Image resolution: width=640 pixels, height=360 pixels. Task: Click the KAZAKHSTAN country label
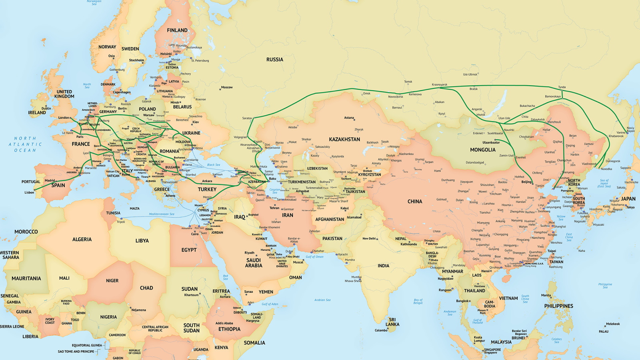click(x=344, y=140)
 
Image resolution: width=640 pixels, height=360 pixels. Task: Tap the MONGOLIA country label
click(x=482, y=150)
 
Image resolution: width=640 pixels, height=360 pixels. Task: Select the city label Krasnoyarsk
click(x=439, y=85)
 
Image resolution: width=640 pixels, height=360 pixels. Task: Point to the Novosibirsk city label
click(x=395, y=97)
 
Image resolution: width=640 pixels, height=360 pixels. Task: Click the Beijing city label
click(x=526, y=182)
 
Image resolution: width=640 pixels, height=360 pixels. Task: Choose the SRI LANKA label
click(x=392, y=322)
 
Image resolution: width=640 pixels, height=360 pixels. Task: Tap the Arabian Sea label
click(x=322, y=300)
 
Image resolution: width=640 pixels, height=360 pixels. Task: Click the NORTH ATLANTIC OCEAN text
click(x=25, y=144)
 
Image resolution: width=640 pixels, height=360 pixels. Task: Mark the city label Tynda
click(x=562, y=87)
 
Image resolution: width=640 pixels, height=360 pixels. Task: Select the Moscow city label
click(x=226, y=87)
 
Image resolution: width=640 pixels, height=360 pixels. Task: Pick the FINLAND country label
click(x=177, y=30)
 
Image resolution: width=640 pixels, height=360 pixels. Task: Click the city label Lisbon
click(x=29, y=192)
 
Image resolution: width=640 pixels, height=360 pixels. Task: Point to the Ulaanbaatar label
click(x=491, y=142)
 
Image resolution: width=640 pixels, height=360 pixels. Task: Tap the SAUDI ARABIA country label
click(x=254, y=263)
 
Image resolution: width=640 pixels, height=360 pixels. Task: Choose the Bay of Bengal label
click(x=418, y=301)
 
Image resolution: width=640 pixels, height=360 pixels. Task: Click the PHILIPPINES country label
click(x=558, y=306)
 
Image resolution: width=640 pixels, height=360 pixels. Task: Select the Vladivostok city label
click(x=589, y=164)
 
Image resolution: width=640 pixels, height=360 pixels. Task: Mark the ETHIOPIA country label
click(x=229, y=329)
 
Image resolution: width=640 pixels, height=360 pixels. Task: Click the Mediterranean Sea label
click(x=162, y=214)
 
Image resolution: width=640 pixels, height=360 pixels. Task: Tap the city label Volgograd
click(x=240, y=137)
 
